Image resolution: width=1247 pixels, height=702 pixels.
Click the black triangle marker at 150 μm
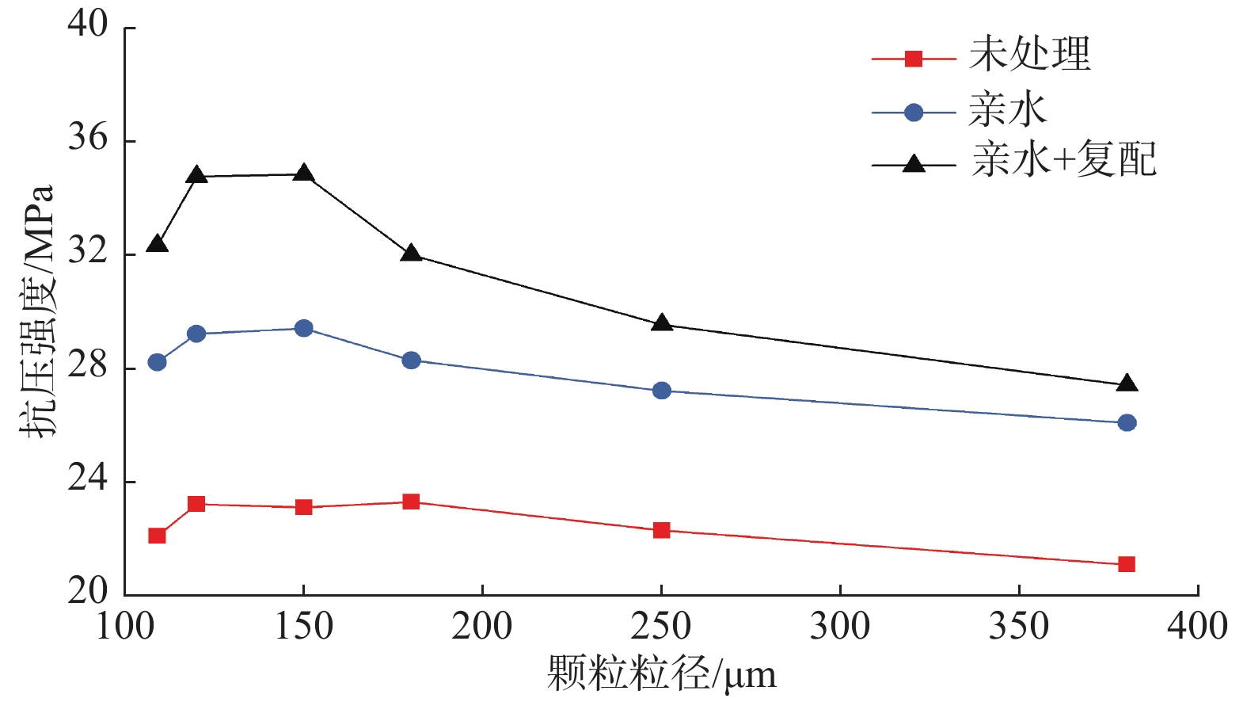(x=304, y=174)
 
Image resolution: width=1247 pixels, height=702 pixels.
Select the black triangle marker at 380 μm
(x=1127, y=384)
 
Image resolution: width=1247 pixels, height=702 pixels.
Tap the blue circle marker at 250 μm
(x=662, y=391)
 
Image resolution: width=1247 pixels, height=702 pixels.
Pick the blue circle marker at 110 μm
(x=157, y=362)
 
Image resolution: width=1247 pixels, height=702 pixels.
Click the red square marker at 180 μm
(x=411, y=502)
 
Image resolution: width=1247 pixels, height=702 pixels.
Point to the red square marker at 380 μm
(x=1127, y=564)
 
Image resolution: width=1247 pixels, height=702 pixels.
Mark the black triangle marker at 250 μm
(x=662, y=323)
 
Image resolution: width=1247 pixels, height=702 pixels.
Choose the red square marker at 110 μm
(x=157, y=536)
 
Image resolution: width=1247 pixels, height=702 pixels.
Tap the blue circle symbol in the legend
(x=914, y=113)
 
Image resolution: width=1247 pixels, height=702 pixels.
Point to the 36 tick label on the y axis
(x=87, y=139)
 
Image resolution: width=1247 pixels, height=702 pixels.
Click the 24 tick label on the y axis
(x=87, y=479)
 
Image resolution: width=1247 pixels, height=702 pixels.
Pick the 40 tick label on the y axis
(x=87, y=25)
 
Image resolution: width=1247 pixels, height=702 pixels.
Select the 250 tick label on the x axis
(x=661, y=627)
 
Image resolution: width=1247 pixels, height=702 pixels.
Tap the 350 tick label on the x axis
(x=1019, y=627)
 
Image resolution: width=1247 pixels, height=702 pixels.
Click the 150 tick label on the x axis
(x=303, y=627)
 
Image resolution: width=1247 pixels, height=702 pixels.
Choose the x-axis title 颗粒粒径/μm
(x=661, y=674)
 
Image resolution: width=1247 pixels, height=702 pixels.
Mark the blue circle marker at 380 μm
(x=1127, y=423)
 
